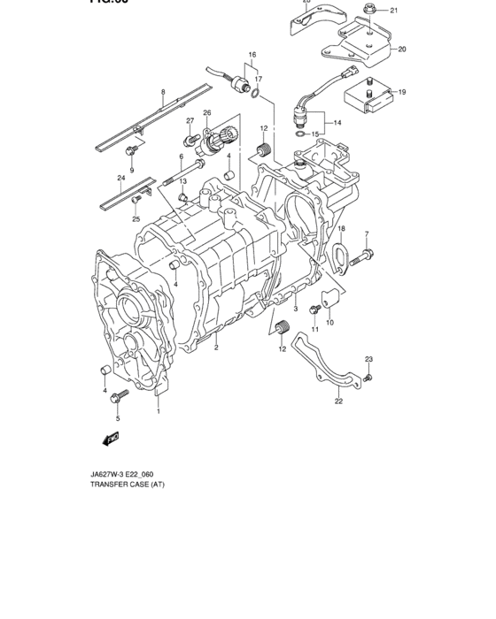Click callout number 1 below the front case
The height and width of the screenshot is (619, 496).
tap(159, 411)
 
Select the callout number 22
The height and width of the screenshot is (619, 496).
tap(338, 401)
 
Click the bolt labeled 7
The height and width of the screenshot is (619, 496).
tap(363, 258)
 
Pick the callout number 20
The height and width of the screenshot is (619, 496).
tap(401, 50)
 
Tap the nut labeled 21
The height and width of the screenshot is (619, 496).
tap(366, 11)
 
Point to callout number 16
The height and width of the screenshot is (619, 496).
tap(252, 55)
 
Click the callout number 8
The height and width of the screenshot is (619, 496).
tap(163, 92)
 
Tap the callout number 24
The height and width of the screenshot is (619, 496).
tap(120, 178)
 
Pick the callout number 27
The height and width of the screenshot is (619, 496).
tap(190, 120)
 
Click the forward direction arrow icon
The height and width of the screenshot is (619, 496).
tap(111, 439)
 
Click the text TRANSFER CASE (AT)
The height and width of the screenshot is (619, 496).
tap(127, 485)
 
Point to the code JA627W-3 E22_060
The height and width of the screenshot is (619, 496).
tap(128, 472)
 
